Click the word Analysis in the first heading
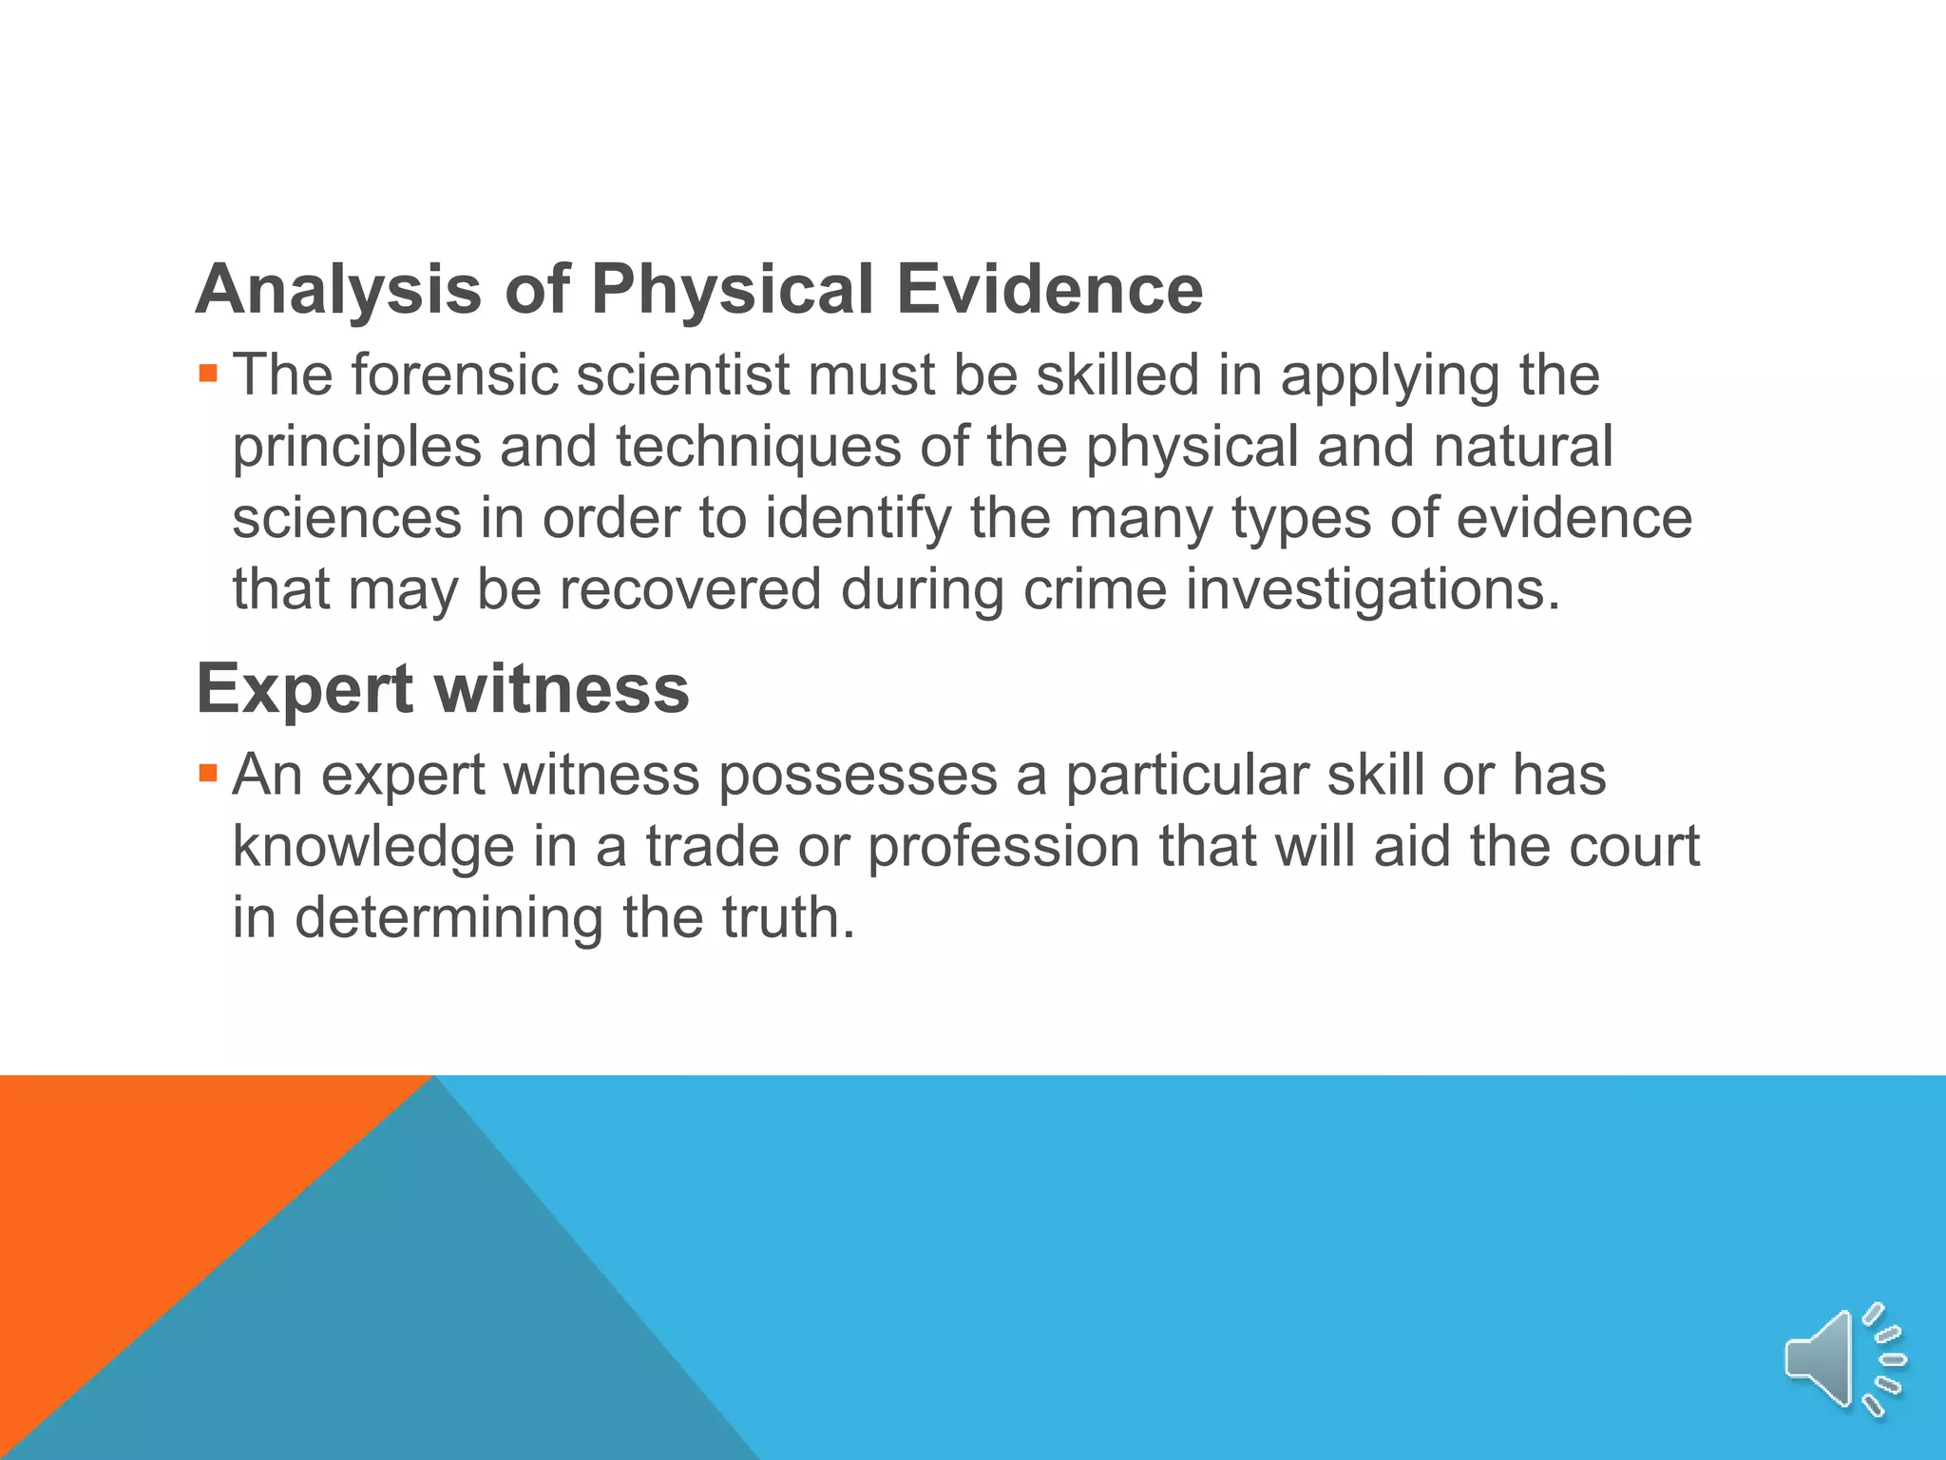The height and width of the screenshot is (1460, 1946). (338, 290)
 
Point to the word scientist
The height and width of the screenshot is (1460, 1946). (683, 375)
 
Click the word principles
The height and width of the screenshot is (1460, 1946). (357, 448)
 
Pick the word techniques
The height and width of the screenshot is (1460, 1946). (758, 447)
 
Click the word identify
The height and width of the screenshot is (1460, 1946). (858, 519)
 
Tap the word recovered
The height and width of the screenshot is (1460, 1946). (690, 589)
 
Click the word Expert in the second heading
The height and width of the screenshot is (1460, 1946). (303, 689)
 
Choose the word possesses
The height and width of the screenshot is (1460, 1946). (858, 776)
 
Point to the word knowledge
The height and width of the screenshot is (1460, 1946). (373, 847)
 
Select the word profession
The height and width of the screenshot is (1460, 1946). (1003, 847)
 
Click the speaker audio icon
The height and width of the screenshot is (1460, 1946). (1843, 1359)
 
